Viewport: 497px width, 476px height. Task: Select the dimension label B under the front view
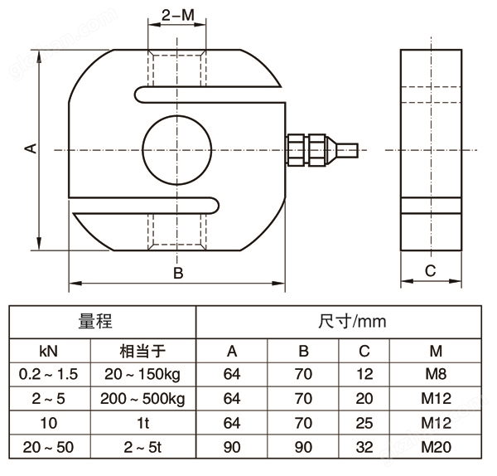pos(176,273)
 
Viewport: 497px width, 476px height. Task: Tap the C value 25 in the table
pos(364,423)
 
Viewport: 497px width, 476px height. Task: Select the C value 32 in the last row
pos(364,447)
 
